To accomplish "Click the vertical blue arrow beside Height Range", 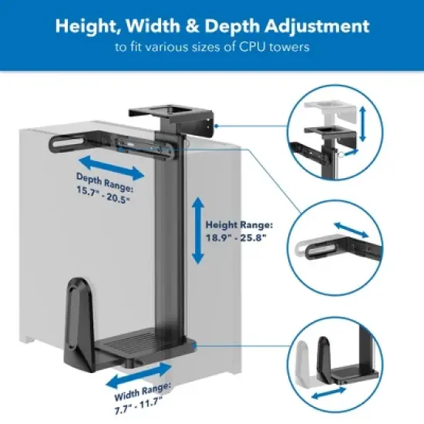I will click(197, 231).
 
